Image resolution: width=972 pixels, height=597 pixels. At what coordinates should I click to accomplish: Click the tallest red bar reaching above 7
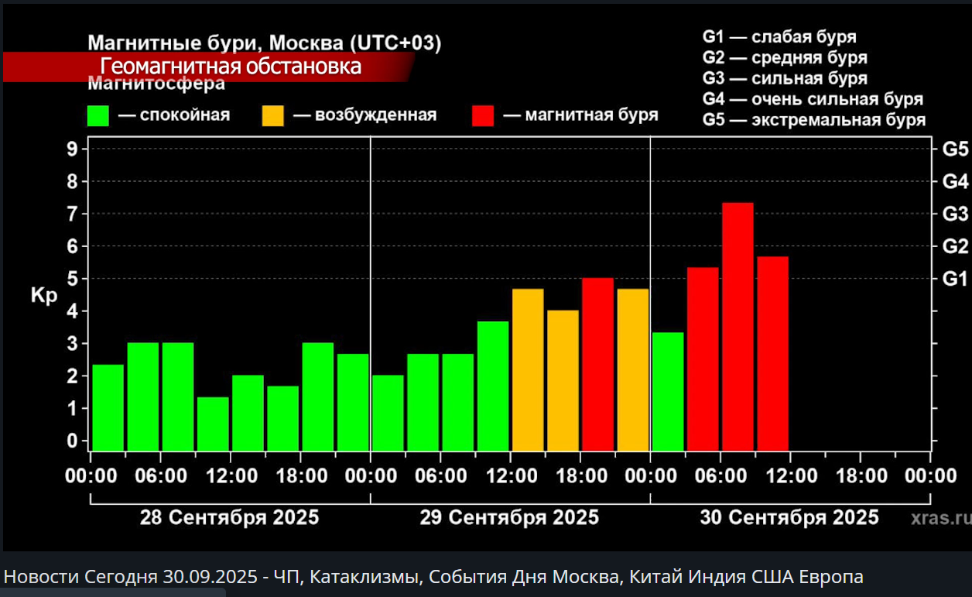pos(738,325)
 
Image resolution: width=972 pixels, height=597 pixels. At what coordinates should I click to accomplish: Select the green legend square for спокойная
pos(98,115)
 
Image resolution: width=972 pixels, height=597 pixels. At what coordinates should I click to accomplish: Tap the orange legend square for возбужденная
pos(273,115)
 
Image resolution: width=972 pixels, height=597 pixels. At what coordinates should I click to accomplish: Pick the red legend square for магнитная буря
pos(483,115)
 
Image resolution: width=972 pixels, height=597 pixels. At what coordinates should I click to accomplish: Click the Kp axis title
pos(44,296)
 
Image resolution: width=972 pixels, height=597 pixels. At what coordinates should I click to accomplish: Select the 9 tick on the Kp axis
pos(72,149)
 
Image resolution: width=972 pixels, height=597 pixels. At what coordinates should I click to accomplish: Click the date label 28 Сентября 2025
pos(229,517)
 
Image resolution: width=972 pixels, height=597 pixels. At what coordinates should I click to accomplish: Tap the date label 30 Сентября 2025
pos(789,517)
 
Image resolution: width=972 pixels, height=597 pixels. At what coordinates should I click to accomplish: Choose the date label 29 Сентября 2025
pos(509,517)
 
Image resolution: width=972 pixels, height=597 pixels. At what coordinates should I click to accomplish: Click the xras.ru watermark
pos(939,517)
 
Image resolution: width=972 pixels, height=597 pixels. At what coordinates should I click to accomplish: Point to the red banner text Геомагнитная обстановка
pos(231,67)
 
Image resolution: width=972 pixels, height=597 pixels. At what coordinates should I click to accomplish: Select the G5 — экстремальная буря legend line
pos(813,120)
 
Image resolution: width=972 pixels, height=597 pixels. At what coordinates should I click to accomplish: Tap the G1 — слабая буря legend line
pos(779,36)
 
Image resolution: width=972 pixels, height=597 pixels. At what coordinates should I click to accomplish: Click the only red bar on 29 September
pos(597,364)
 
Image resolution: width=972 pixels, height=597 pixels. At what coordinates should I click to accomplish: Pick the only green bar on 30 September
pos(668,391)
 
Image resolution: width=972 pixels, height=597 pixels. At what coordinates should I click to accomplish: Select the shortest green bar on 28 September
pos(213,424)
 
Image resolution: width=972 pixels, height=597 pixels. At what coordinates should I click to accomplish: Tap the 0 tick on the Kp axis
pos(72,441)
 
